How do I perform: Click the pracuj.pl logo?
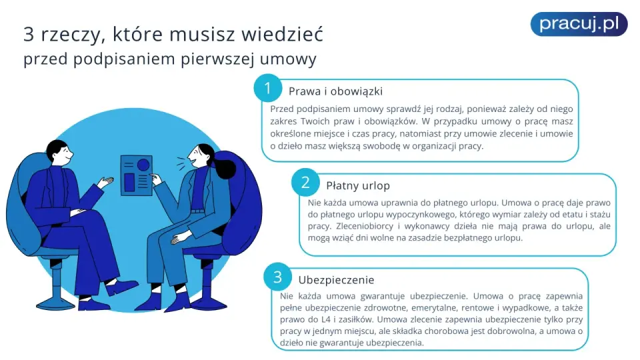coord(579,24)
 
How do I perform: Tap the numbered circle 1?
coord(268,88)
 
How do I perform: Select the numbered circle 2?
coord(305,182)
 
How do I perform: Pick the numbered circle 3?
coord(277,277)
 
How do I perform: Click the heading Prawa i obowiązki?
coord(335,91)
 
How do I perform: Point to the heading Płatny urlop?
coord(358,186)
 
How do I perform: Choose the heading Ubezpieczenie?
coord(336,280)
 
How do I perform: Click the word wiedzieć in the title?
coord(282,34)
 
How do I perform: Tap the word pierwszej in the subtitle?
coord(217,59)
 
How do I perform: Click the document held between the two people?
coord(136,175)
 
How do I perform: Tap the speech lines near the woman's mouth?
coord(181,164)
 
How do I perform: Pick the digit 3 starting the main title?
coord(29,34)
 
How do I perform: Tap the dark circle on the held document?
coord(143,165)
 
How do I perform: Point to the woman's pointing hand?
coord(156,179)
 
